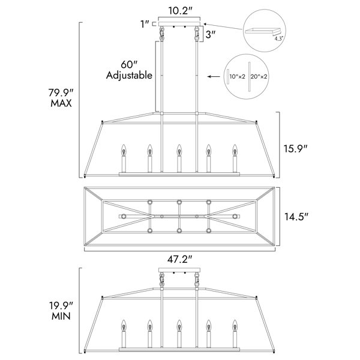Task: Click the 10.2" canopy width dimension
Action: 180,11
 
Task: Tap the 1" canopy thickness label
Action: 145,24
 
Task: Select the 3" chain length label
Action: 211,35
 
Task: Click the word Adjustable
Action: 129,75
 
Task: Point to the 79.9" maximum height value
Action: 61,93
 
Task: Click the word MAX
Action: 61,103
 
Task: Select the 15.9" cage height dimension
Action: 295,149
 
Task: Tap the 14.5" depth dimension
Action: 296,217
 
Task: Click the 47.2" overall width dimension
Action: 179,259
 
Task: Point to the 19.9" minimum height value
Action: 61,306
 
